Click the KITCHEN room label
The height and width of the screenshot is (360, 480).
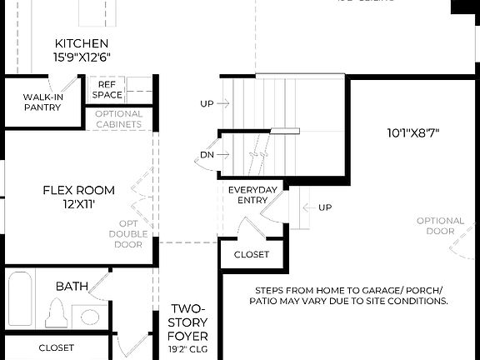point(82,43)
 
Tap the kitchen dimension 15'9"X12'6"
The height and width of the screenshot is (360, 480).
point(82,57)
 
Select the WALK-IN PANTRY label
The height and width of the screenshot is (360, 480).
point(42,102)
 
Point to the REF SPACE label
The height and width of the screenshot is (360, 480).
point(107,89)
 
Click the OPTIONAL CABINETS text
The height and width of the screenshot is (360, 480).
point(118,119)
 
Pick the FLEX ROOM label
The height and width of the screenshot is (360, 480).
point(78,190)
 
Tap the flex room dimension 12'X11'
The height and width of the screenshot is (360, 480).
point(78,204)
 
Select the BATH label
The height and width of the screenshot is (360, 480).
point(72,286)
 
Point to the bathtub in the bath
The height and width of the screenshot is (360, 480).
point(20,300)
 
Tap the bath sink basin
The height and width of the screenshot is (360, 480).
point(90,317)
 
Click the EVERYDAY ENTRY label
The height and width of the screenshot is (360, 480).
point(252,195)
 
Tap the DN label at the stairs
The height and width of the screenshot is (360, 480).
point(207,155)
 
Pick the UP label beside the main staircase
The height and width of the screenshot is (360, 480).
point(207,104)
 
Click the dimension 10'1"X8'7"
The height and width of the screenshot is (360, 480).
point(412,132)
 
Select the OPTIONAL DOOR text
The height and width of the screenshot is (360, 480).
point(441,226)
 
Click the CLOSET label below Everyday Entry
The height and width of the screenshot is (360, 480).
point(252,254)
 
